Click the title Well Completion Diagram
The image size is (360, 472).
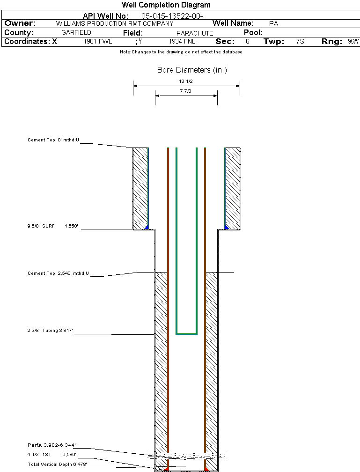point(166,5)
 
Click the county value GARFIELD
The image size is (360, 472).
point(76,33)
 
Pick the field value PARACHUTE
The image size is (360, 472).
point(195,33)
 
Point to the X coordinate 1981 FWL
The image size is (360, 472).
point(98,42)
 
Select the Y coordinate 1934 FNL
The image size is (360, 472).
point(182,42)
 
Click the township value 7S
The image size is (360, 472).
point(300,42)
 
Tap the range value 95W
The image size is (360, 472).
point(353,42)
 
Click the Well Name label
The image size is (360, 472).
point(233,23)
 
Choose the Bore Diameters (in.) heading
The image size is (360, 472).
point(192,70)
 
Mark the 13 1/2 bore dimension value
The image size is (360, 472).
point(186,81)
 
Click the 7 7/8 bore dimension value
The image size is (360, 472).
point(186,91)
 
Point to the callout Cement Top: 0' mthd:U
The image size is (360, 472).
point(53,140)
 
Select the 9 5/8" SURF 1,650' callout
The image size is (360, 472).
point(52,226)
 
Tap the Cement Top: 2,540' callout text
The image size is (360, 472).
point(58,273)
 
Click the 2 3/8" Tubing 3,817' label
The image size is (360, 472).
point(51,331)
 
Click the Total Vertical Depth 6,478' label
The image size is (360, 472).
point(57,464)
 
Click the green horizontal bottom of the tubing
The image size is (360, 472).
point(186,334)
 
